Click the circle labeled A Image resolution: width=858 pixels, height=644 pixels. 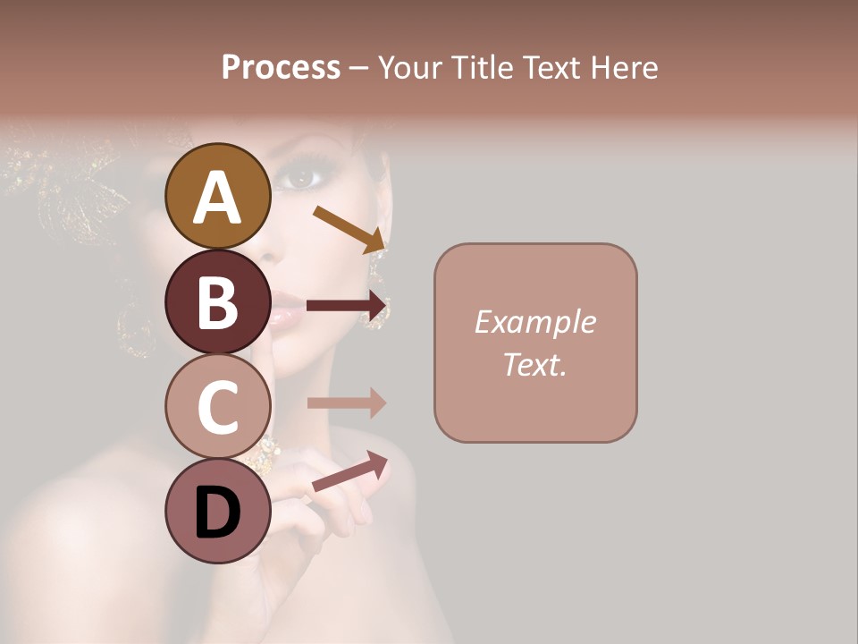click(x=217, y=196)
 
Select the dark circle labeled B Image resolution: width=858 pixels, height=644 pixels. click(x=217, y=301)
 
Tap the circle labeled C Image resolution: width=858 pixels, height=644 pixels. click(x=217, y=407)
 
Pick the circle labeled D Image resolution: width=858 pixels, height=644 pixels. click(x=217, y=511)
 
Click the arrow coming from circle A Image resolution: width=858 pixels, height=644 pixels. click(x=349, y=229)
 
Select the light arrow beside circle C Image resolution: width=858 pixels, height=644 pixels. click(x=347, y=402)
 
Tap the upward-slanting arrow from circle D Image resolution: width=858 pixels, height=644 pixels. click(x=349, y=471)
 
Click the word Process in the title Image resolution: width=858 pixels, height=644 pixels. click(x=281, y=67)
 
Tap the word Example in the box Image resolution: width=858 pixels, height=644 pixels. click(x=534, y=322)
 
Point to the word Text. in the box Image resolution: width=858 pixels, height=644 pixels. click(x=534, y=364)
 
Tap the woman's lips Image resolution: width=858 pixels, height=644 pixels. click(x=287, y=313)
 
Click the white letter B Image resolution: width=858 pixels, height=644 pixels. click(x=217, y=302)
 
